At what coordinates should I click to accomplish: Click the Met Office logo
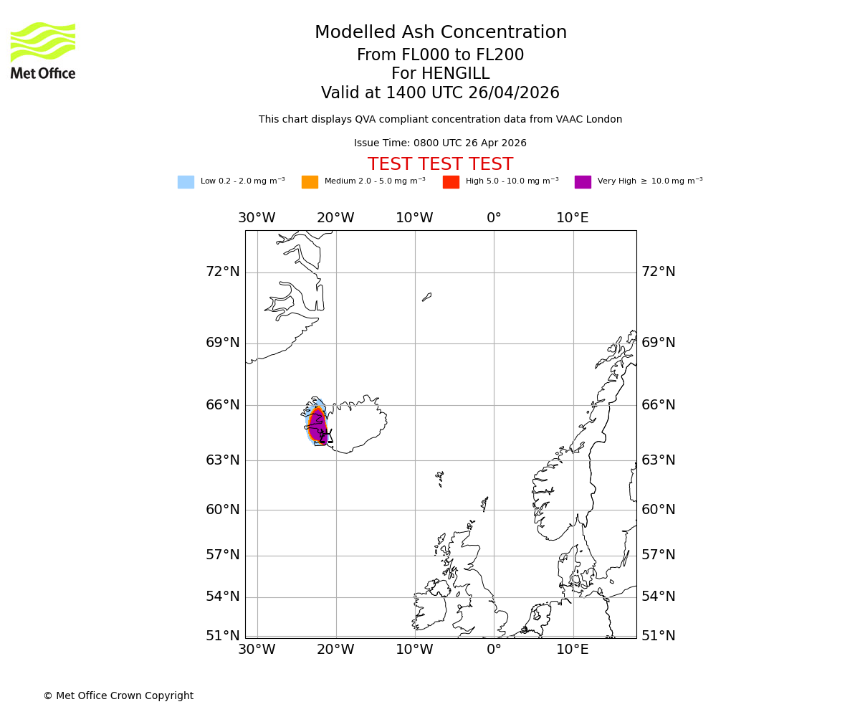coord(43,50)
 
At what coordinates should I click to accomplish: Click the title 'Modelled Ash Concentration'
coord(440,33)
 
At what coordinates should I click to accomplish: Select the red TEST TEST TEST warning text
coord(440,165)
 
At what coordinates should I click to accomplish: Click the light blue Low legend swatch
coord(186,182)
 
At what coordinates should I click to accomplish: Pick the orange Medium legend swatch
coord(310,182)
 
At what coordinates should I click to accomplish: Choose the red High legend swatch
coord(451,182)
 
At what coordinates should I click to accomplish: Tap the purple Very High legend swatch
coord(583,182)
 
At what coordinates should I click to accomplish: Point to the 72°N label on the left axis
coord(223,272)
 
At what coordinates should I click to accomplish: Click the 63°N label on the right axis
coord(658,460)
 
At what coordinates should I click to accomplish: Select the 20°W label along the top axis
coord(335,218)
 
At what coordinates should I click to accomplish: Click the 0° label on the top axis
coord(494,218)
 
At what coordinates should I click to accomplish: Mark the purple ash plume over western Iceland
coord(317,426)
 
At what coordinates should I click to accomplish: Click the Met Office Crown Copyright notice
coord(118,696)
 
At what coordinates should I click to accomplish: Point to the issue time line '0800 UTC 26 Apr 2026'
coord(440,143)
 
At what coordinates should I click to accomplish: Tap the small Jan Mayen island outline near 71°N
coord(427,296)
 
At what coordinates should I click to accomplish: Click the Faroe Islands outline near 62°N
coord(439,478)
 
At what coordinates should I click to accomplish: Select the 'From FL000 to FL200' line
coord(440,55)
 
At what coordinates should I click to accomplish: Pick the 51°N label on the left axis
coord(223,636)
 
